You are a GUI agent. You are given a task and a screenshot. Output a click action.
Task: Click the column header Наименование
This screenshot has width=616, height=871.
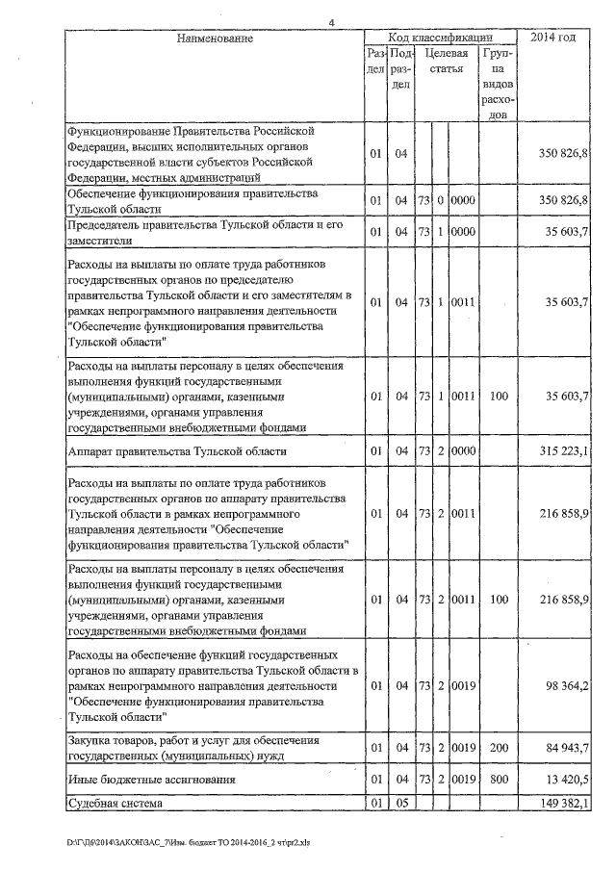click(x=215, y=38)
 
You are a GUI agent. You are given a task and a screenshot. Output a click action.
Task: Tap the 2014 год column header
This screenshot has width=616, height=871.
click(x=553, y=38)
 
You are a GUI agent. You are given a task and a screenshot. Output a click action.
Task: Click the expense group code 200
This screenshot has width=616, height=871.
click(x=498, y=747)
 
